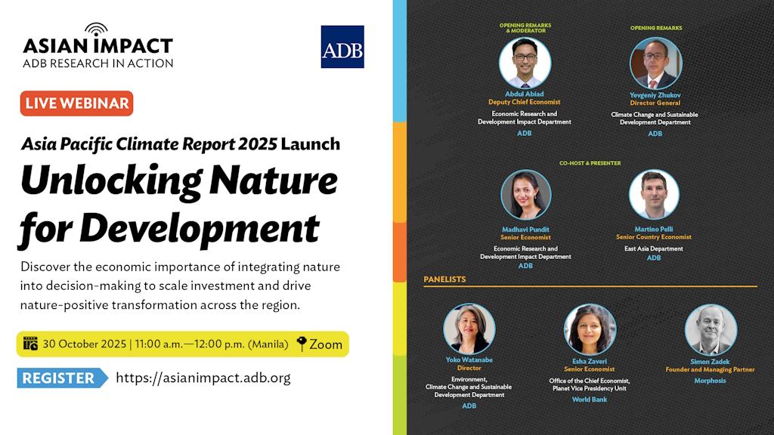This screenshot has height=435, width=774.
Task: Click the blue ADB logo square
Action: [342, 47]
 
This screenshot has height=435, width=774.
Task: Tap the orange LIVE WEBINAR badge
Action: [76, 103]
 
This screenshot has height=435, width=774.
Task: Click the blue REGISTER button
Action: [62, 378]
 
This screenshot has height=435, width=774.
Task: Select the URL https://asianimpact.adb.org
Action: [203, 378]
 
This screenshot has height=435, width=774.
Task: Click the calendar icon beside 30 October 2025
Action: [30, 344]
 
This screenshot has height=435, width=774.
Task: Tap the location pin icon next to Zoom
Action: [301, 344]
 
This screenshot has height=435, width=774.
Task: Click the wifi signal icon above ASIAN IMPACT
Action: [96, 29]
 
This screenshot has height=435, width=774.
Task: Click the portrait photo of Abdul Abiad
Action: [525, 63]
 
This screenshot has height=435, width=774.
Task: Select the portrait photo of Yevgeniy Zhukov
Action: [655, 63]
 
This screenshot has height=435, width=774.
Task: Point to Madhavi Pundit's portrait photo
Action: [526, 195]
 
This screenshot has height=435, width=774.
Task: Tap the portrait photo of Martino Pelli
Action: [654, 195]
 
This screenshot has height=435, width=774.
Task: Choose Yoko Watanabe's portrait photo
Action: [469, 329]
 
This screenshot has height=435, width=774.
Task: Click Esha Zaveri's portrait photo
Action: [590, 329]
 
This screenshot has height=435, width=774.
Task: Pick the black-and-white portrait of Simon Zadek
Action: [711, 330]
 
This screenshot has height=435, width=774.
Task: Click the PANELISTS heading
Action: [444, 279]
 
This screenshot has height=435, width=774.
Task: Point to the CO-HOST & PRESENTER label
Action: [590, 163]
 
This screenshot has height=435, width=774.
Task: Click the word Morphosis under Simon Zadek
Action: [710, 381]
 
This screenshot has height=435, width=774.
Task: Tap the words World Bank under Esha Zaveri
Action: [590, 400]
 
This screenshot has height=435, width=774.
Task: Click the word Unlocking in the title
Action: [111, 181]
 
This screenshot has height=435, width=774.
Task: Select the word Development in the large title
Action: [200, 229]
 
